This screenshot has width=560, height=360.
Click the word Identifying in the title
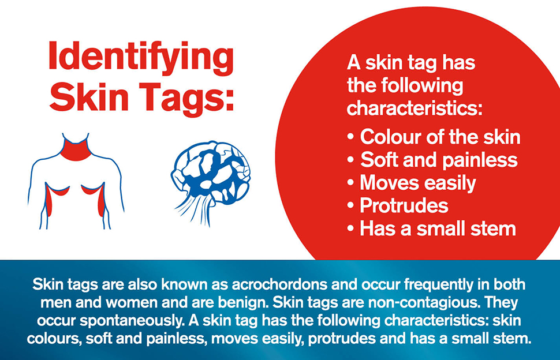pyautogui.click(x=141, y=58)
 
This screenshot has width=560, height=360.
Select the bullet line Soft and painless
pyautogui.click(x=432, y=160)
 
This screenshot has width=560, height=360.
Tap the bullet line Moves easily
pyautogui.click(x=412, y=183)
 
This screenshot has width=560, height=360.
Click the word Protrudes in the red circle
pyautogui.click(x=404, y=206)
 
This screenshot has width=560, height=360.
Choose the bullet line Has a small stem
pyautogui.click(x=432, y=228)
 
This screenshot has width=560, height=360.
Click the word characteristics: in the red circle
pyautogui.click(x=415, y=108)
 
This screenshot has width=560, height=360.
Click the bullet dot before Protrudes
pyautogui.click(x=350, y=206)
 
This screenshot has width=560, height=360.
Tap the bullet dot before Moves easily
pyautogui.click(x=350, y=183)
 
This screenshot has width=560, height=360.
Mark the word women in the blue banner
pyautogui.click(x=132, y=303)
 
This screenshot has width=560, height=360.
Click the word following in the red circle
pyautogui.click(x=422, y=86)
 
